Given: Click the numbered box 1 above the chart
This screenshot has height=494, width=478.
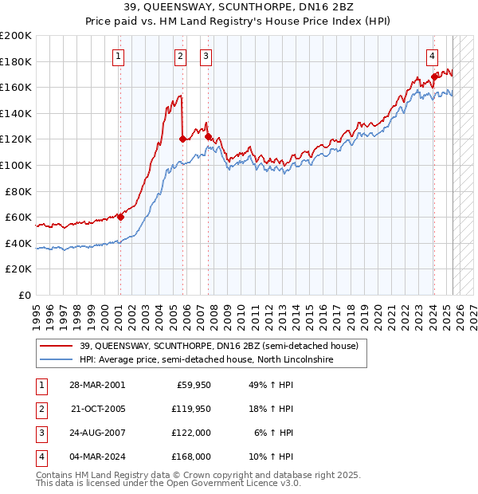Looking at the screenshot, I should [118, 56].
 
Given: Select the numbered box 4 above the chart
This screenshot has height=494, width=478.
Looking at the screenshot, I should [432, 56].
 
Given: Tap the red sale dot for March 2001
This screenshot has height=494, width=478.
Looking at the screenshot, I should [120, 217].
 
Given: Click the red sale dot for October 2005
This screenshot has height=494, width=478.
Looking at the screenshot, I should [182, 139].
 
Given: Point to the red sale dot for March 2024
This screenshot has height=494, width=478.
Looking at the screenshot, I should [434, 76].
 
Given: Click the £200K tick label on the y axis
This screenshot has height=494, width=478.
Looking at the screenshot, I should [16, 35].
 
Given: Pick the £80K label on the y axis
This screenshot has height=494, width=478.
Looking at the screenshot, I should [18, 191].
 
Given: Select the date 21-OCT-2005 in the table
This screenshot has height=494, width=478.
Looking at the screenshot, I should [98, 409].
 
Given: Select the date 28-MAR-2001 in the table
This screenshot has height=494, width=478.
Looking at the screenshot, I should [98, 385].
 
